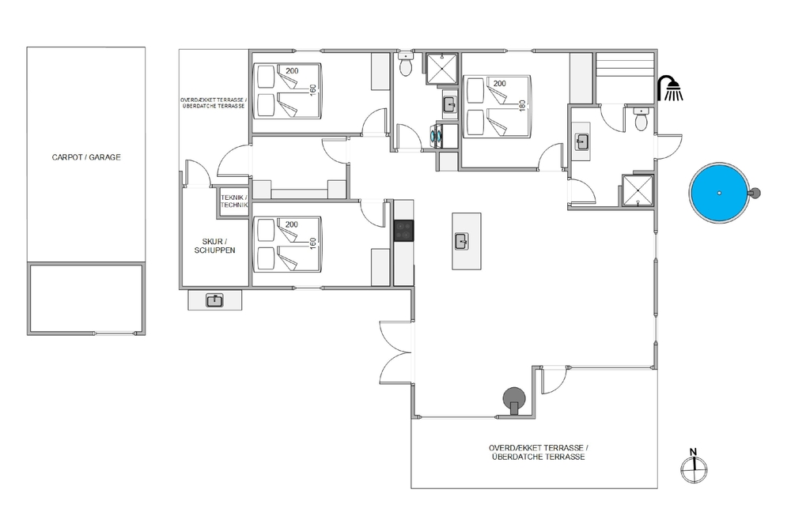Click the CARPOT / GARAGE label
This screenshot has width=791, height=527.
[x=86, y=157]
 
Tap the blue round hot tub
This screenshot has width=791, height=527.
[x=719, y=193]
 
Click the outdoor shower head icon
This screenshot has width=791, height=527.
[x=671, y=88]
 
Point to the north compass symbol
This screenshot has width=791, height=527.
[x=694, y=467]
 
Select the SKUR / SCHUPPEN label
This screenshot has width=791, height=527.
[x=215, y=246]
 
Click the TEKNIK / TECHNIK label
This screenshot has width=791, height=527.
[x=234, y=201]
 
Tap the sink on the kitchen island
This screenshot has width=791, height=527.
[x=462, y=241]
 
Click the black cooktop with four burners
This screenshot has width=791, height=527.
[x=403, y=231]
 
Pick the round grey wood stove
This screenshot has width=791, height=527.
[x=514, y=400]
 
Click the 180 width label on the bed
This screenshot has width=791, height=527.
[x=523, y=105]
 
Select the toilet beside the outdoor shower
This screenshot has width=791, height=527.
[x=641, y=119]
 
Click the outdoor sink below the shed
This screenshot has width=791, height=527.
[x=215, y=301]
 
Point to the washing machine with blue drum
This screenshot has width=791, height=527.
[x=436, y=135]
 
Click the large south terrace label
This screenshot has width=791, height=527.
[x=538, y=453]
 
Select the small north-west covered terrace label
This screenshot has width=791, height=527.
[x=214, y=104]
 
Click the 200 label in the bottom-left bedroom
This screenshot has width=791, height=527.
[x=292, y=224]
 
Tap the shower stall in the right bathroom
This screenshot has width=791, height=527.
[x=638, y=190]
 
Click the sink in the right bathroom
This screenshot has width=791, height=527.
[x=582, y=141]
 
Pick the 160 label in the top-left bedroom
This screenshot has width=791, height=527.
[x=312, y=90]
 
